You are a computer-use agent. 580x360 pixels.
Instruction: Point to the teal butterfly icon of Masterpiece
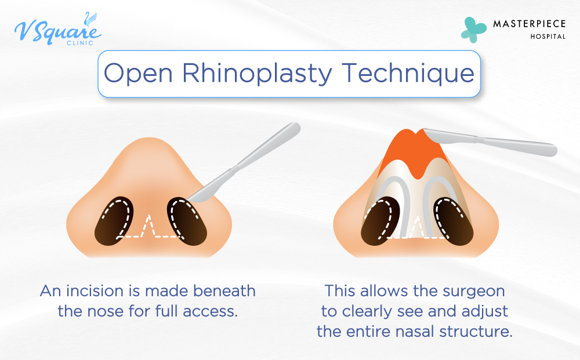click(x=473, y=29)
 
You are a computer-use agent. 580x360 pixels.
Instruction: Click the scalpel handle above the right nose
click(x=516, y=145)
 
